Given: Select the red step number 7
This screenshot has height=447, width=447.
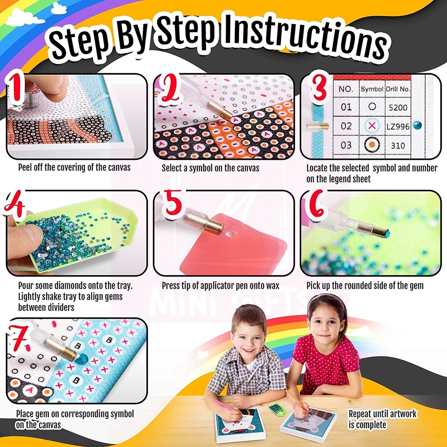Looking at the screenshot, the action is (x=19, y=338).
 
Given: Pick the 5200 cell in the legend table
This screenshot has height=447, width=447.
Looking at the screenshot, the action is (x=398, y=107).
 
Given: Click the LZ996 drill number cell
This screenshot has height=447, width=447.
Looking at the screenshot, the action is (x=398, y=126).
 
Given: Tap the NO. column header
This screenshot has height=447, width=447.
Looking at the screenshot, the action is (x=346, y=89).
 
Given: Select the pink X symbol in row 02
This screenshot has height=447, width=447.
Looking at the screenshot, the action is (x=372, y=125).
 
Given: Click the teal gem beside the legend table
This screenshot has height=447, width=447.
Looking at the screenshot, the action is (x=417, y=125).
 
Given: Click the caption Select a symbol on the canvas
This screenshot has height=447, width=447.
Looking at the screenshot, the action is (x=210, y=168).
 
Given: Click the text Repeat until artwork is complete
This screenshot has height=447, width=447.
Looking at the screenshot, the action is (x=382, y=419).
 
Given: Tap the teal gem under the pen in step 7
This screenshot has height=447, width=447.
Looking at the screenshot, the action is (x=81, y=358).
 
